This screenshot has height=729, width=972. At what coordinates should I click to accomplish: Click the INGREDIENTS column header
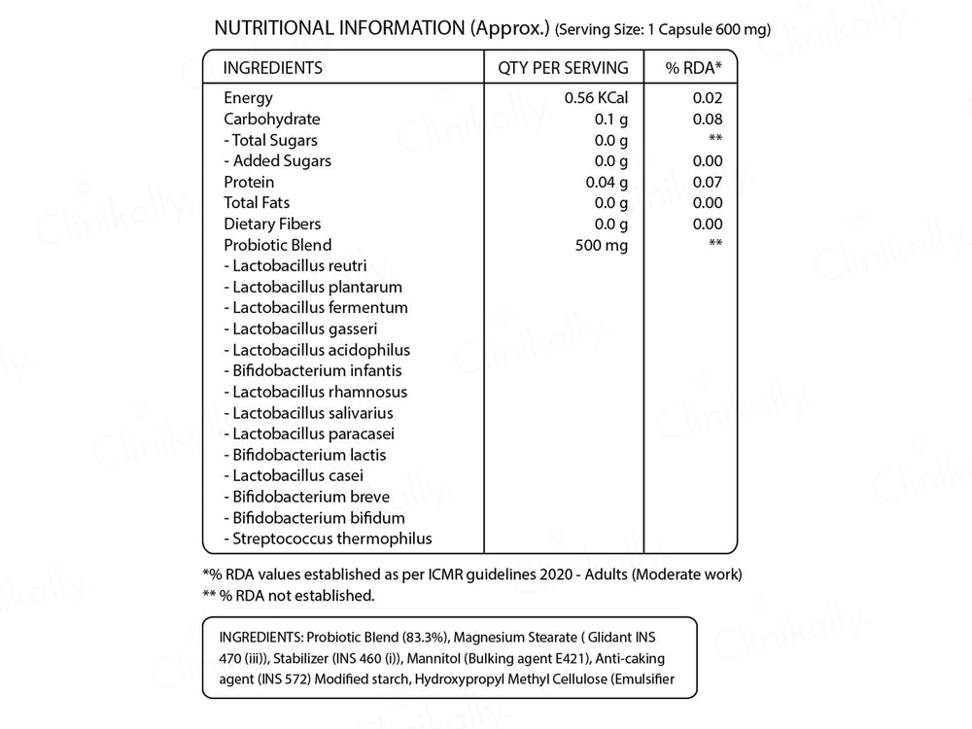[x=273, y=68]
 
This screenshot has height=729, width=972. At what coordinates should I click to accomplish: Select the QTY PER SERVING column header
[x=563, y=68]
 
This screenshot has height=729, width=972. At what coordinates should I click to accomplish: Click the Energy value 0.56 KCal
[x=597, y=98]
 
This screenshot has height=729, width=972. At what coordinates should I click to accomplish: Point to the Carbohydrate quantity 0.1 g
[x=609, y=120]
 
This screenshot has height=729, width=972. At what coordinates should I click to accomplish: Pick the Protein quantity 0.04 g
[x=606, y=182]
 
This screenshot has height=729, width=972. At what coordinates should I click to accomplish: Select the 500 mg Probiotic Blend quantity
[x=602, y=245]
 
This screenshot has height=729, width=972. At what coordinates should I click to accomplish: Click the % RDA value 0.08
[x=708, y=120]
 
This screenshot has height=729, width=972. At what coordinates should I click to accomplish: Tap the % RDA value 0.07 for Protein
[x=708, y=182]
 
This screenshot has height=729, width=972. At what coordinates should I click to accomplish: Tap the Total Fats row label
[x=257, y=202]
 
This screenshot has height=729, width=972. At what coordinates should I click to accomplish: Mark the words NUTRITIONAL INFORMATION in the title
[x=338, y=28]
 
